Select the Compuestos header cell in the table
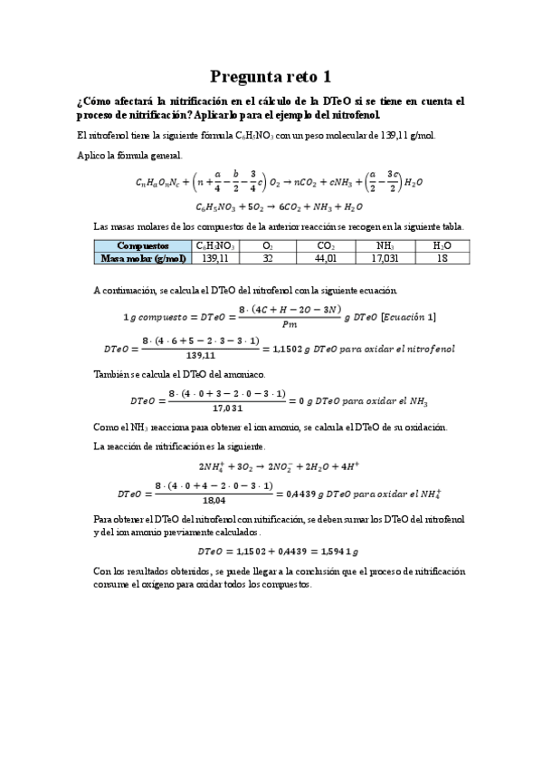click(x=143, y=245)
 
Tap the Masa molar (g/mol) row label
click(x=143, y=258)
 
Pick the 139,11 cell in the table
click(x=215, y=258)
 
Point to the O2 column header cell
click(x=268, y=245)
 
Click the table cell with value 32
click(x=268, y=258)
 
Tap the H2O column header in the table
click(x=442, y=245)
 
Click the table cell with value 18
click(x=442, y=258)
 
